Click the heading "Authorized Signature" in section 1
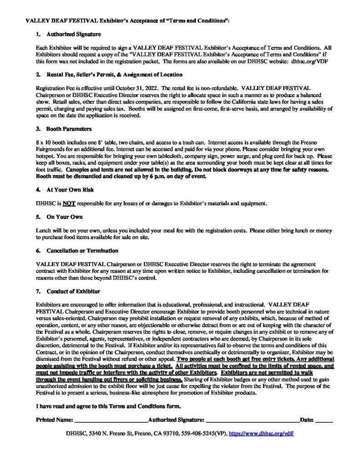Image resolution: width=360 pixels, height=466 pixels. [73, 35]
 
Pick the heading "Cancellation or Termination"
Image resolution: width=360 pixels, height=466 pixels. [82, 251]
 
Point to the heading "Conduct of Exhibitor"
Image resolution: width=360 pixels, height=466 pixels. [73, 290]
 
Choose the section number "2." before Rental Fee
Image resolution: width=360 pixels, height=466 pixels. [38, 74]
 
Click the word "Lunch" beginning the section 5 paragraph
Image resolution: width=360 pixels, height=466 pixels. [43, 231]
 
